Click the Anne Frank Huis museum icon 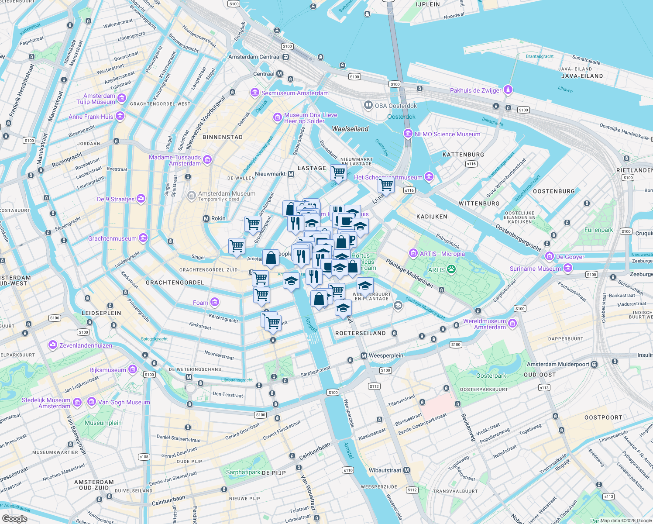(x=120, y=116)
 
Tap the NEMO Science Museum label (x=447, y=134)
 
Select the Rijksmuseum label (x=107, y=370)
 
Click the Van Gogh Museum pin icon (x=92, y=402)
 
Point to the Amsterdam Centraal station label (x=254, y=57)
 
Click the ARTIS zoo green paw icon (x=451, y=269)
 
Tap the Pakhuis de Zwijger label (x=475, y=90)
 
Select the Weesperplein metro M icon (x=364, y=355)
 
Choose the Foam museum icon (x=214, y=302)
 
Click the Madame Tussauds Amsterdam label (x=175, y=160)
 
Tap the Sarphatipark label (x=243, y=472)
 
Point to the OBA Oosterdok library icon (x=368, y=105)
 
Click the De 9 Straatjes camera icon (x=141, y=199)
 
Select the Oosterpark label (x=491, y=376)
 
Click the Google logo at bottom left (x=14, y=519)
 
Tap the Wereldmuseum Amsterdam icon (x=512, y=324)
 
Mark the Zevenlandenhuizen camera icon (x=53, y=345)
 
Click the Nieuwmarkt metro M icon (x=291, y=174)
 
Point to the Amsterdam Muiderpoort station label (x=558, y=364)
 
